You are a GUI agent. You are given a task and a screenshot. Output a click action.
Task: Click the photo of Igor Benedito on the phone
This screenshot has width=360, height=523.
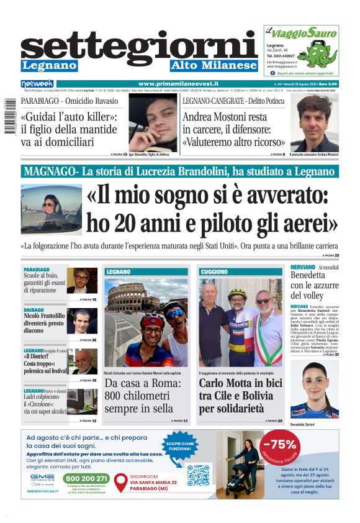(152, 122)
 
